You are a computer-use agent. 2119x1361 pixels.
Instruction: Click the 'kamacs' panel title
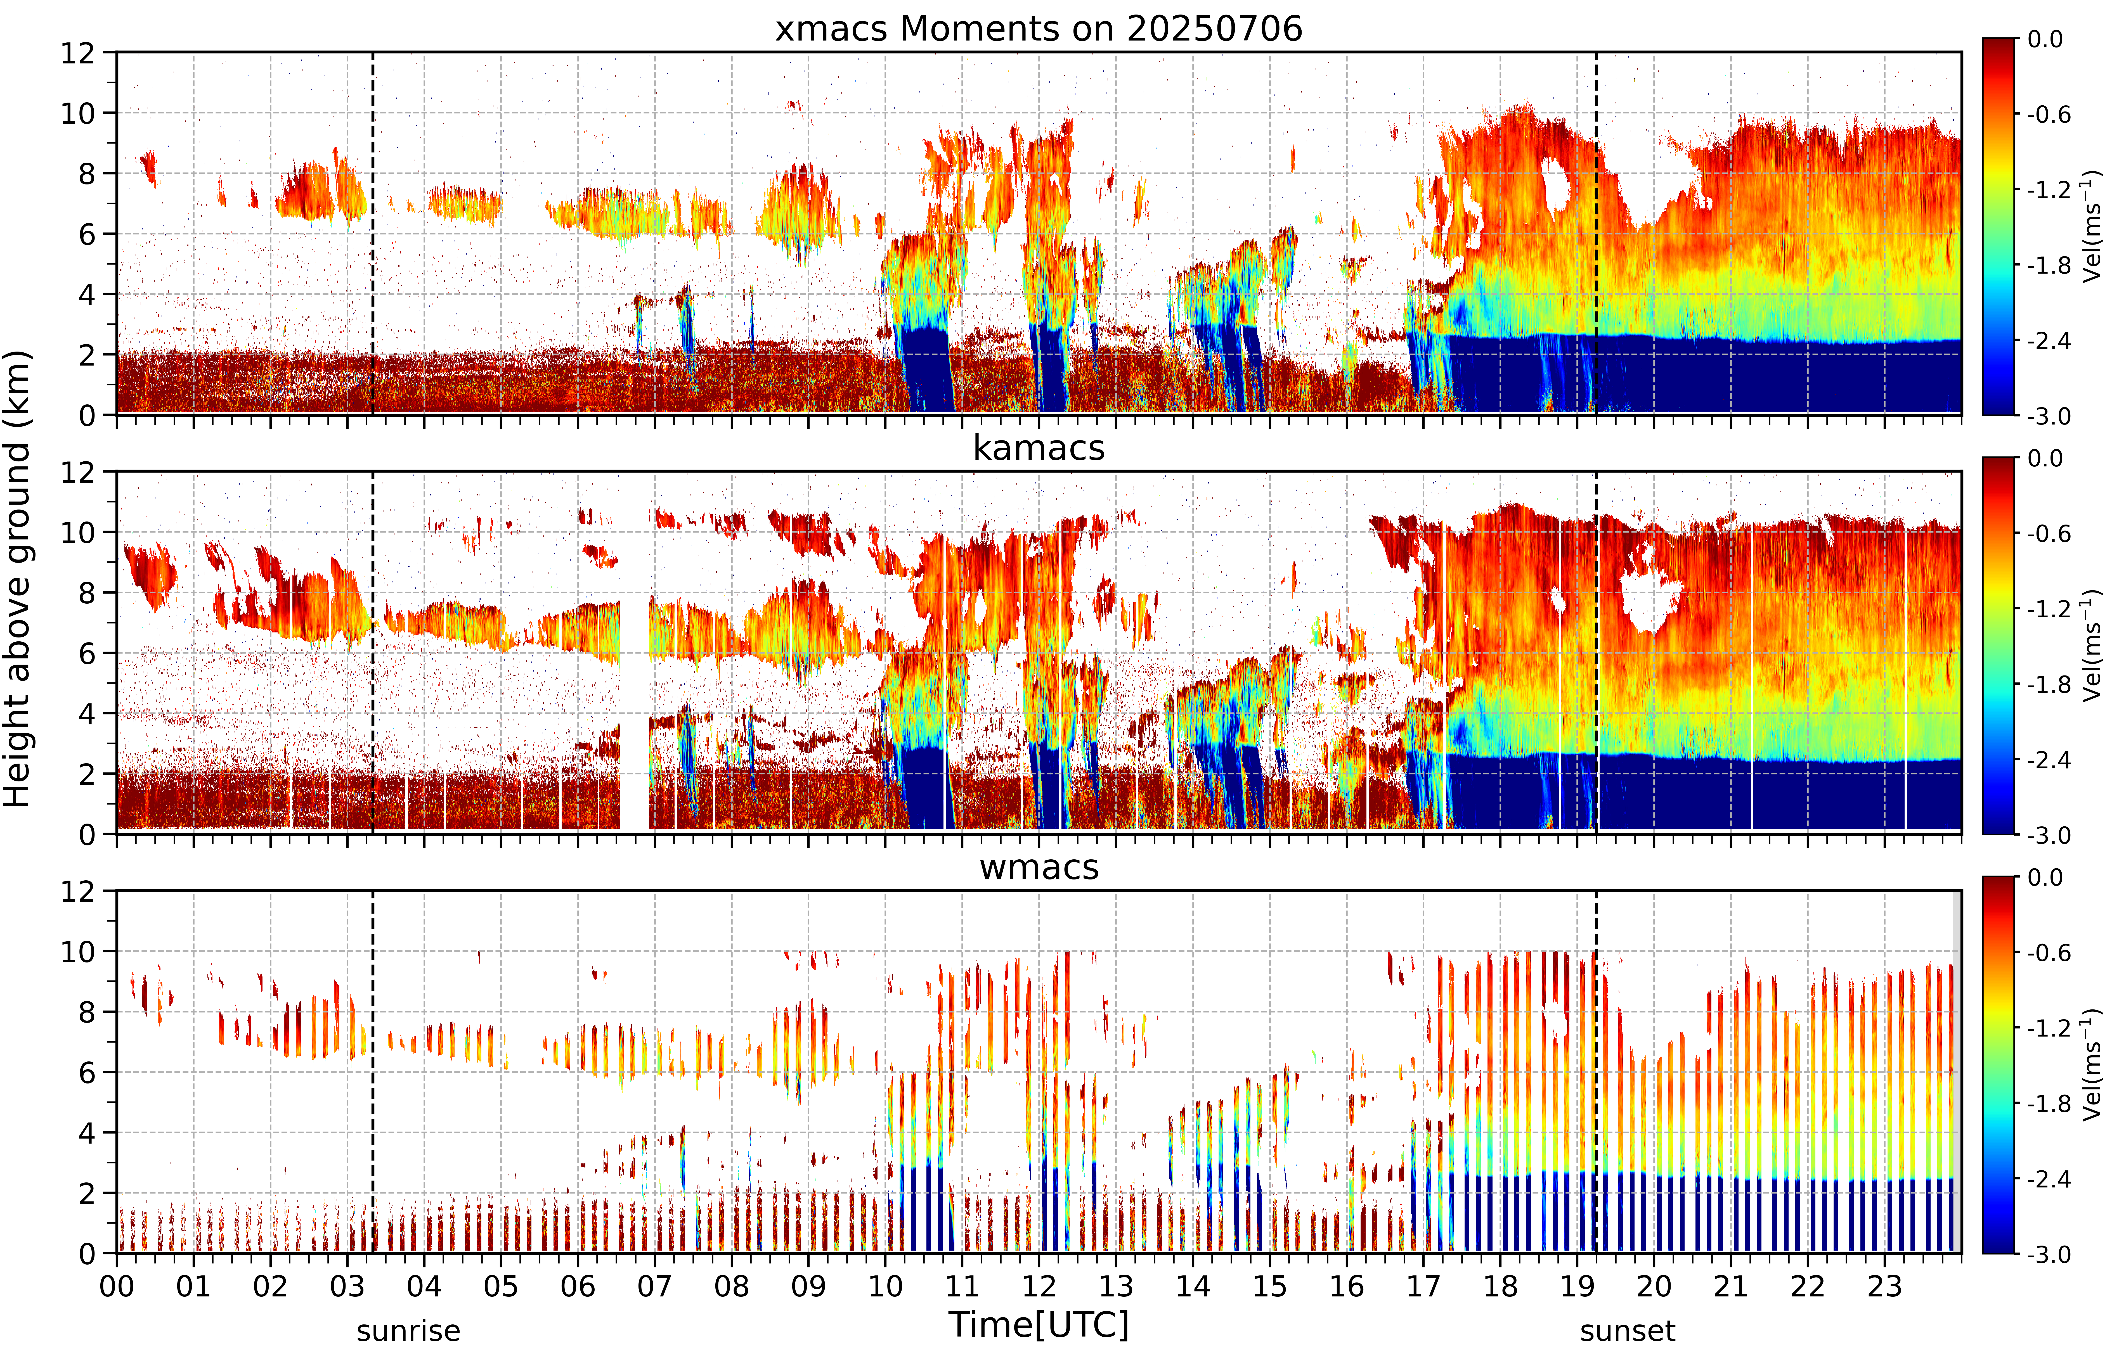coord(1039,448)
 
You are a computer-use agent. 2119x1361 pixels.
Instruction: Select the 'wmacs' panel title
coord(1039,867)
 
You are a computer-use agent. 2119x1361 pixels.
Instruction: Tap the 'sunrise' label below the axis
coord(408,1330)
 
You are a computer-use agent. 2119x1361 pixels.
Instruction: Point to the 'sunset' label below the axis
coord(1628,1330)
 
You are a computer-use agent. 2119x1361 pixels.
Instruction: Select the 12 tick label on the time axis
coord(1039,1286)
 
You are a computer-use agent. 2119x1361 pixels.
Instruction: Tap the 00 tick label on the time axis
coord(117,1286)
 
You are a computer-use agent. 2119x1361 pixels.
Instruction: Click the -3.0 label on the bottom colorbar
coord(2049,1254)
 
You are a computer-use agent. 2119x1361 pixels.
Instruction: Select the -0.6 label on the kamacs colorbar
coord(2049,534)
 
